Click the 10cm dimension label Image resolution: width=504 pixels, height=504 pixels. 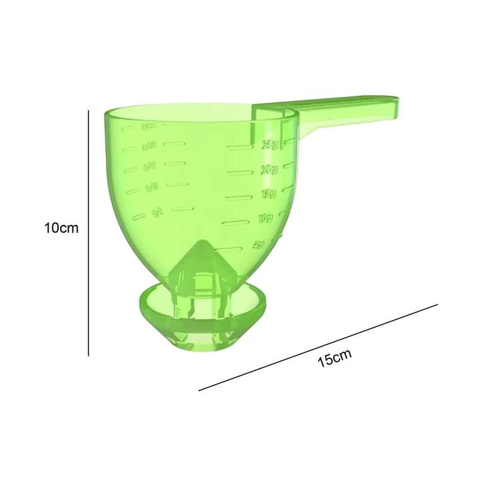pyautogui.click(x=61, y=227)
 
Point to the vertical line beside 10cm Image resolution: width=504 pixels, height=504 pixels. pyautogui.click(x=89, y=233)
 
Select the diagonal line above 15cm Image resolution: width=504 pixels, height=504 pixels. pyautogui.click(x=318, y=348)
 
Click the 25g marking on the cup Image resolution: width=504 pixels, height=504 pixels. pyautogui.click(x=270, y=145)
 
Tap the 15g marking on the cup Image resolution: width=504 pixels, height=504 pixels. pyautogui.click(x=268, y=193)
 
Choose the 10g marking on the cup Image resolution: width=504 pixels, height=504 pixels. pyautogui.click(x=265, y=218)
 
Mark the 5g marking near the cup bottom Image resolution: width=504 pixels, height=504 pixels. pyautogui.click(x=258, y=243)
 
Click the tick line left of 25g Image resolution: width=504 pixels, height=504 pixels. pyautogui.click(x=239, y=147)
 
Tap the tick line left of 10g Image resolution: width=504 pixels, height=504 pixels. pyautogui.click(x=234, y=221)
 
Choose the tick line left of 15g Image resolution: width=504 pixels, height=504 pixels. pyautogui.click(x=238, y=196)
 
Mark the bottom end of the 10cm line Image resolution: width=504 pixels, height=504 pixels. pyautogui.click(x=89, y=355)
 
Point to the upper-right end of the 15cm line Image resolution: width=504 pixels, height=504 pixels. pyautogui.click(x=437, y=305)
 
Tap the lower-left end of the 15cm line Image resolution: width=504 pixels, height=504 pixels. pyautogui.click(x=199, y=391)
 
